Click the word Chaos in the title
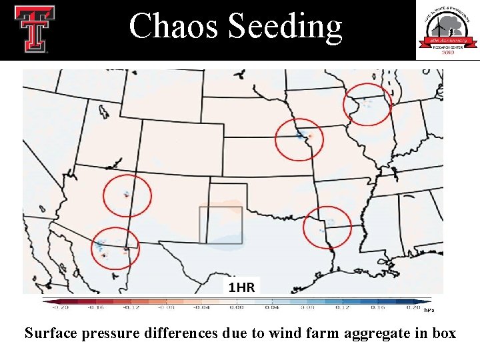(x=175, y=27)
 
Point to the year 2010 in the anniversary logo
(x=447, y=53)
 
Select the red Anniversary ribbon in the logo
(x=447, y=42)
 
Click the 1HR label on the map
(x=241, y=287)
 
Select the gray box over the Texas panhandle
(x=221, y=225)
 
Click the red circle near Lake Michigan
(x=367, y=104)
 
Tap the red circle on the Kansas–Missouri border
(x=299, y=139)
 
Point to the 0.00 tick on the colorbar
(x=236, y=308)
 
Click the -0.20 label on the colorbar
(x=61, y=308)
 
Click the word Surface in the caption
(x=51, y=333)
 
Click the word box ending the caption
(x=444, y=333)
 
